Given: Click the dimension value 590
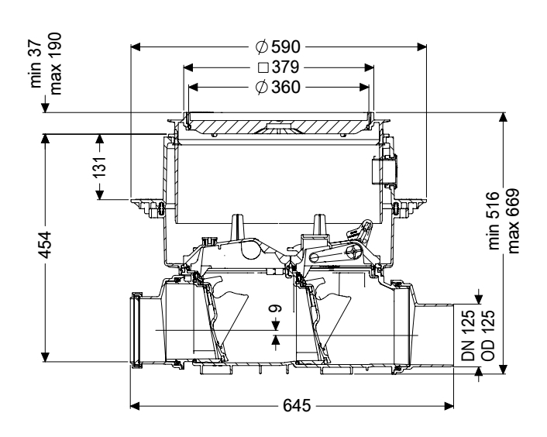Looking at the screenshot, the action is [285, 47].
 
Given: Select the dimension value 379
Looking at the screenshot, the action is [285, 67].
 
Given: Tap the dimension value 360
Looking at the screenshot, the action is [285, 88].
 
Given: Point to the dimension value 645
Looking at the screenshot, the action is [297, 405].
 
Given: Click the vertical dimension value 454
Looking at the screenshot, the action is [45, 245].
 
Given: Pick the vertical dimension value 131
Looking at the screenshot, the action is [100, 167].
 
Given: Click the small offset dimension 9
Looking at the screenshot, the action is [275, 308].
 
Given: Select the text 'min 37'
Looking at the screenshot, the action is [36, 66].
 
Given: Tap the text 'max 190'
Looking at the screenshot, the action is [56, 64].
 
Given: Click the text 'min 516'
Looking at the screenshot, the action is [494, 220].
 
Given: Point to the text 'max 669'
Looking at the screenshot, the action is [513, 221].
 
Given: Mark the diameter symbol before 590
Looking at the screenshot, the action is [262, 47].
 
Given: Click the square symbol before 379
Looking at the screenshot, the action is [263, 67].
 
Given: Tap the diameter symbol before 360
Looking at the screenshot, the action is [262, 88].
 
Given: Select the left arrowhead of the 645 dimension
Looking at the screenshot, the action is [135, 405].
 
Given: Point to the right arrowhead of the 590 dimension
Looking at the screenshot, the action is [421, 47].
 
